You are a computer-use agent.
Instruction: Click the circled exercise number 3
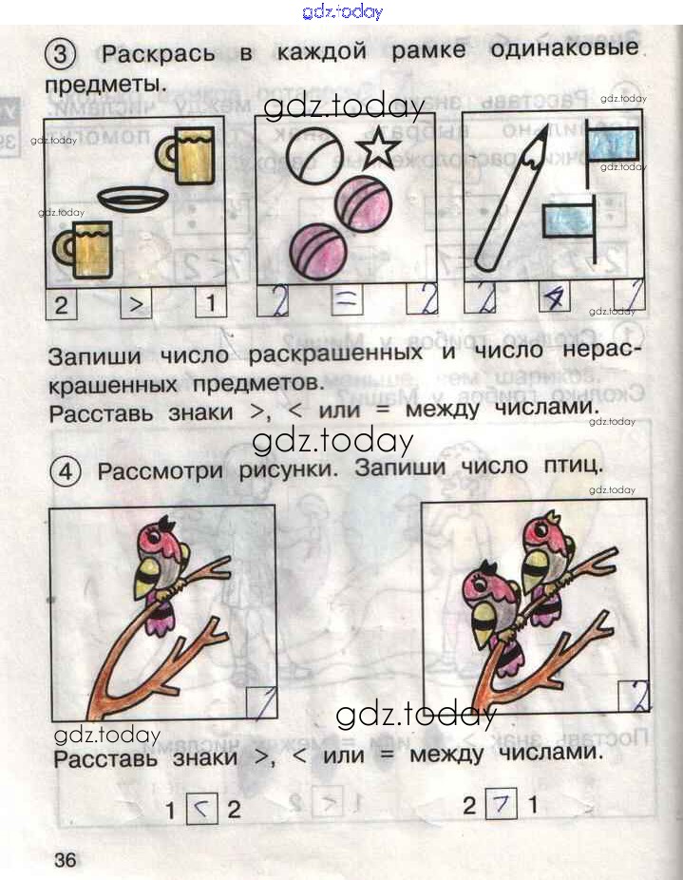(x=60, y=54)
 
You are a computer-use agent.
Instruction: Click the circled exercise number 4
(x=66, y=471)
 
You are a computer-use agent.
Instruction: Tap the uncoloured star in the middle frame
(x=379, y=148)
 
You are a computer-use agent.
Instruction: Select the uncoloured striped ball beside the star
(x=314, y=154)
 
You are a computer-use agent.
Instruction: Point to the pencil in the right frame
(x=511, y=200)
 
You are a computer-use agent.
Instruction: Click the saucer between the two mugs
(x=133, y=198)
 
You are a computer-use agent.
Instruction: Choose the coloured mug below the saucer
(x=84, y=250)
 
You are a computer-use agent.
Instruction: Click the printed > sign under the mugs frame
(x=137, y=305)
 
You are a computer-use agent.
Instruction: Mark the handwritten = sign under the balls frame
(x=346, y=299)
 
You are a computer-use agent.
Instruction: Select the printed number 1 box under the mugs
(x=211, y=303)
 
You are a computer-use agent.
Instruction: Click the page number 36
(x=66, y=859)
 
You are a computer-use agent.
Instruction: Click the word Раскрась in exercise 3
(x=159, y=54)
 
